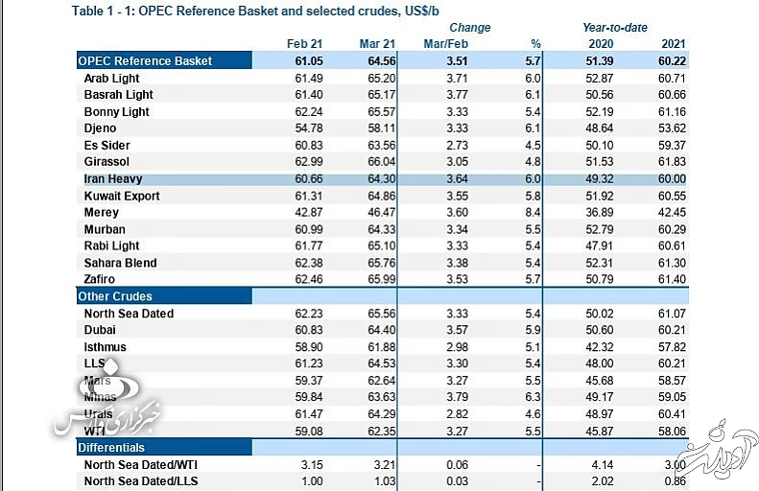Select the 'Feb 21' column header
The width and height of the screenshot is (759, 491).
[x=303, y=44]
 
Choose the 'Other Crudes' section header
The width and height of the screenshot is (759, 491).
[x=115, y=296]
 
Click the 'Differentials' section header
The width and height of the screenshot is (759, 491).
[x=112, y=448]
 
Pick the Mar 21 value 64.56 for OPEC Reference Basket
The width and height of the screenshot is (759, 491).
[x=376, y=61]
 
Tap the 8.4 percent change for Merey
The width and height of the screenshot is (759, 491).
[x=534, y=213]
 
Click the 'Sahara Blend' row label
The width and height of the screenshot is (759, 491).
[x=120, y=263]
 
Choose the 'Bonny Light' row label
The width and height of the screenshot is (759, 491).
[x=116, y=112]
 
